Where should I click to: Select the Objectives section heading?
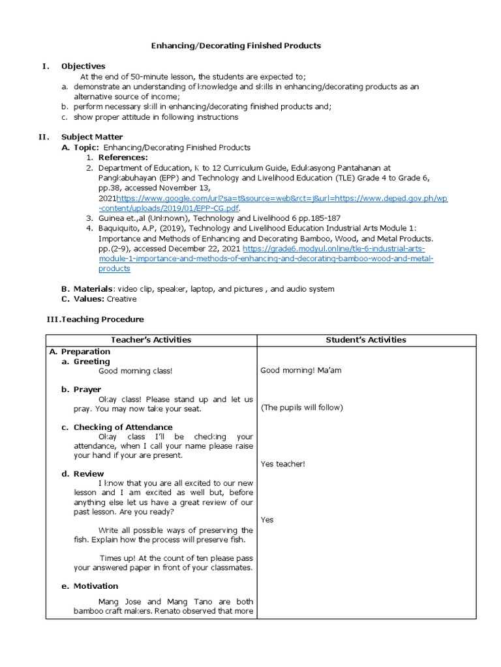(83, 66)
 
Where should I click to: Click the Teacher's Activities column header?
(151, 340)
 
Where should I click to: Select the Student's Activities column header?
(366, 340)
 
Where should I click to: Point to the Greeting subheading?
(91, 362)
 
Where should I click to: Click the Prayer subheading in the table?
(87, 390)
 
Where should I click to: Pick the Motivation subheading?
(95, 586)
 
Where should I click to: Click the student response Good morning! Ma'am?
(301, 371)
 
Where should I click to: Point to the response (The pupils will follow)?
(301, 408)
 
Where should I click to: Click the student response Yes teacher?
(282, 464)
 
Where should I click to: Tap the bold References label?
(123, 158)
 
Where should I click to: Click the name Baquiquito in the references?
(121, 228)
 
